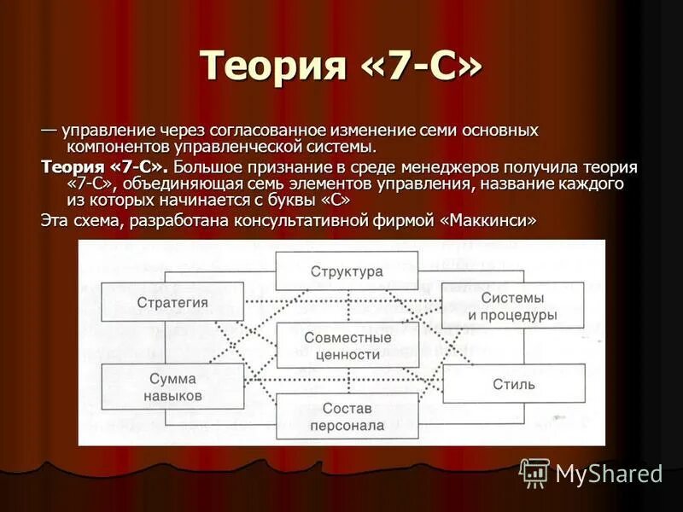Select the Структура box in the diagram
tap(346, 271)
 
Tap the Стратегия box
tap(172, 302)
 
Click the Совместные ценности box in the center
tap(347, 345)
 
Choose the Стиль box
tap(513, 384)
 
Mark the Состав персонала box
tap(347, 416)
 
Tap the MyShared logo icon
tap(534, 472)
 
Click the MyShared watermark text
tap(608, 474)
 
